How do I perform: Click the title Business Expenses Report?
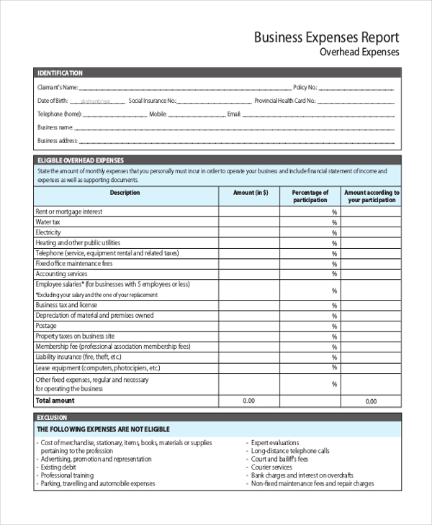point(326,37)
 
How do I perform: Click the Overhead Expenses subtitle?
point(359,52)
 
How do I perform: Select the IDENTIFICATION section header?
point(60,73)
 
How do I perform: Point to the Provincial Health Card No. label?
point(284,101)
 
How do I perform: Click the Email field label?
point(233,114)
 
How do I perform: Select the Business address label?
point(57,141)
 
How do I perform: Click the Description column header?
point(125,193)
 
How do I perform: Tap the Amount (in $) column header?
point(251,193)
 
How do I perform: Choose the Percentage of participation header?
point(310,196)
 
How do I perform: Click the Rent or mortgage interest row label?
point(69,212)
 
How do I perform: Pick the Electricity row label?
point(48,233)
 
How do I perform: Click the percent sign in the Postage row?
point(334,327)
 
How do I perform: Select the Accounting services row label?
point(61,274)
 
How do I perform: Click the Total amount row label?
point(55,401)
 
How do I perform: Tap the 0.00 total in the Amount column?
point(249,401)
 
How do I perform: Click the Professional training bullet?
point(67,475)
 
